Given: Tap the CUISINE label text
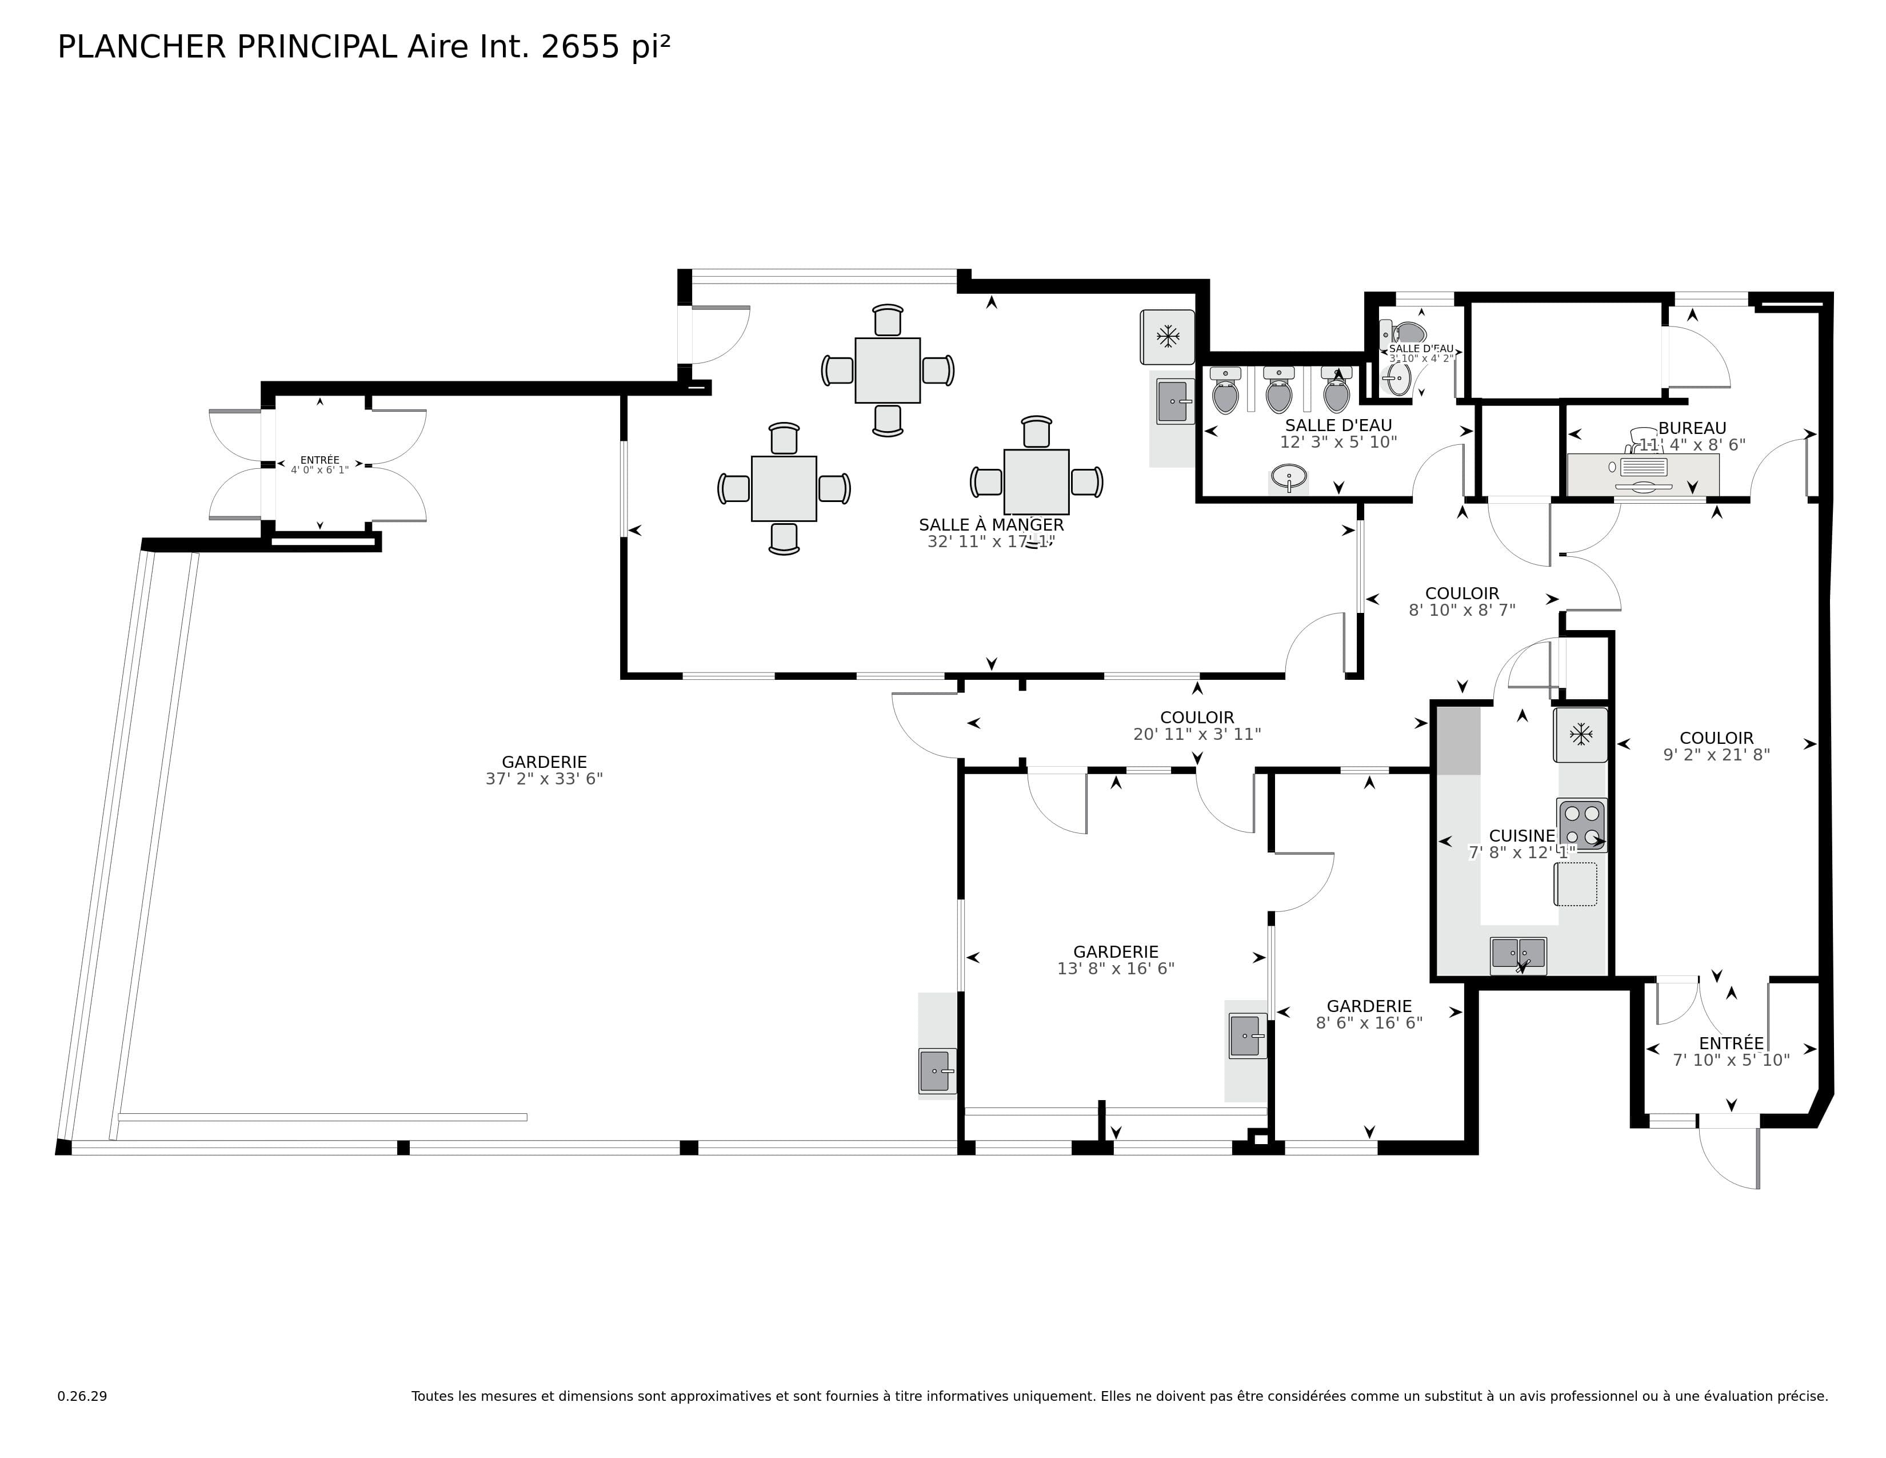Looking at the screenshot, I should click(x=1521, y=835).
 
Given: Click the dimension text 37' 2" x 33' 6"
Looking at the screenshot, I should click(x=544, y=778).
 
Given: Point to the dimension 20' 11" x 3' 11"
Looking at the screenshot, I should click(x=1197, y=734).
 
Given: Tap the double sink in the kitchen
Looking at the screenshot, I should click(x=1518, y=954).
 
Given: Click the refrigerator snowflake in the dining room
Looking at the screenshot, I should click(x=1168, y=337).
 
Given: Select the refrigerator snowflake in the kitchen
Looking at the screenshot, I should click(x=1580, y=735).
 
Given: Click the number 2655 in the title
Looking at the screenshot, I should click(x=580, y=47).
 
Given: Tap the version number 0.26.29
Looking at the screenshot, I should click(x=82, y=1396).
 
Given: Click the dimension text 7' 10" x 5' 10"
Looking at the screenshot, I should click(x=1731, y=1060).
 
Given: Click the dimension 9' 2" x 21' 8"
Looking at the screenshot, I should click(x=1716, y=754).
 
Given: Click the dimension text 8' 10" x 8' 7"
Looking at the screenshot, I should click(x=1461, y=610).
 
